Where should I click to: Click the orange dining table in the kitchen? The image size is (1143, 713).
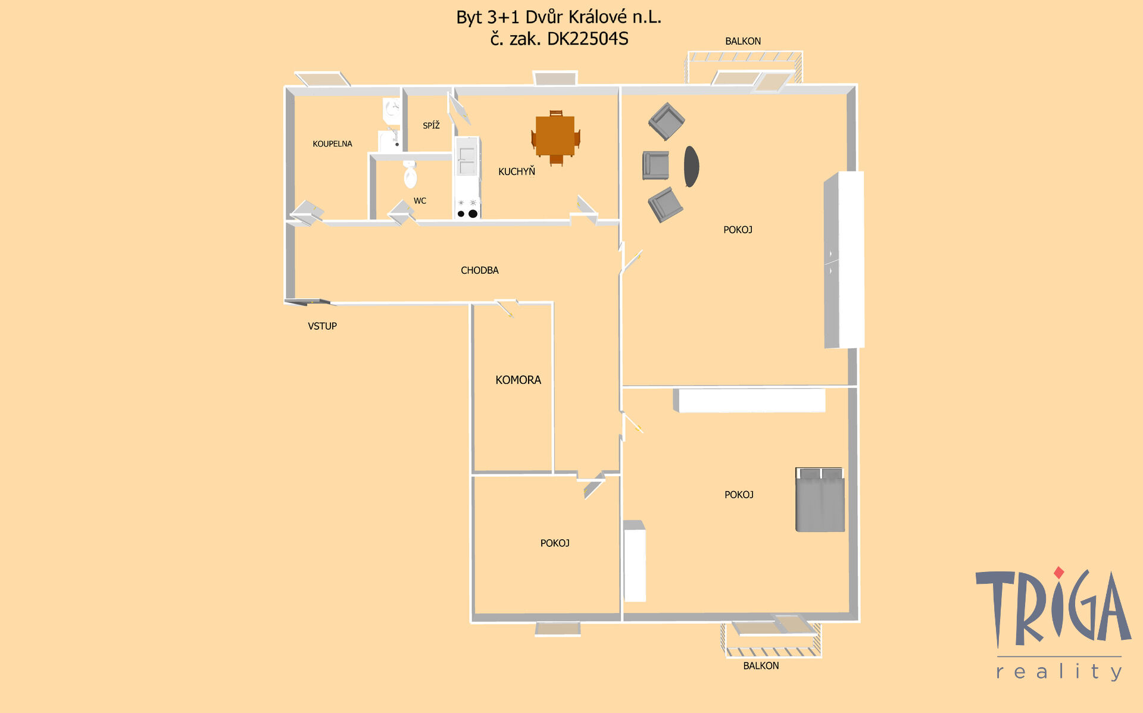[x=555, y=136]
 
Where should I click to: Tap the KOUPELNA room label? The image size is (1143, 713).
[x=332, y=144]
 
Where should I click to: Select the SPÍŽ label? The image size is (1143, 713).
[x=431, y=125]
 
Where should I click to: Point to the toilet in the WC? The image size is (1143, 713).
[x=410, y=174]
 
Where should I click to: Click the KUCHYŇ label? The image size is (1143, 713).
[x=517, y=171]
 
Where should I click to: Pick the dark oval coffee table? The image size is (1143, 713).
[x=691, y=167]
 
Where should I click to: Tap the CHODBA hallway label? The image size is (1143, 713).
[x=480, y=270]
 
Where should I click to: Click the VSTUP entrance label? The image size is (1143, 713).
[x=322, y=326]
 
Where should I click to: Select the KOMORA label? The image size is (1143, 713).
[x=518, y=380]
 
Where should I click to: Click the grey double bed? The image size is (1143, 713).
[x=820, y=499]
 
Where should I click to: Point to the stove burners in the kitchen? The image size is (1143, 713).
[x=467, y=209]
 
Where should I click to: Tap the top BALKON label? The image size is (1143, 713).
[x=743, y=41]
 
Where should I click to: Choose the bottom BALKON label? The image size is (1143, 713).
[x=761, y=665]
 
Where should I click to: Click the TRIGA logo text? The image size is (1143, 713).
[x=1053, y=607]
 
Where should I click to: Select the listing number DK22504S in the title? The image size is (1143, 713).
[x=588, y=39]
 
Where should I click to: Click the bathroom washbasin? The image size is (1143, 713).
[x=392, y=110]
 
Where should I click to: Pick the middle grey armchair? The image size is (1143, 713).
[x=655, y=165]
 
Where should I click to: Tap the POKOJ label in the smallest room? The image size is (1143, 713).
[x=555, y=543]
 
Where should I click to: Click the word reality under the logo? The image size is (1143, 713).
[x=1059, y=672]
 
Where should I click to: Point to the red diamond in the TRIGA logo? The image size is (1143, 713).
[x=1058, y=573]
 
